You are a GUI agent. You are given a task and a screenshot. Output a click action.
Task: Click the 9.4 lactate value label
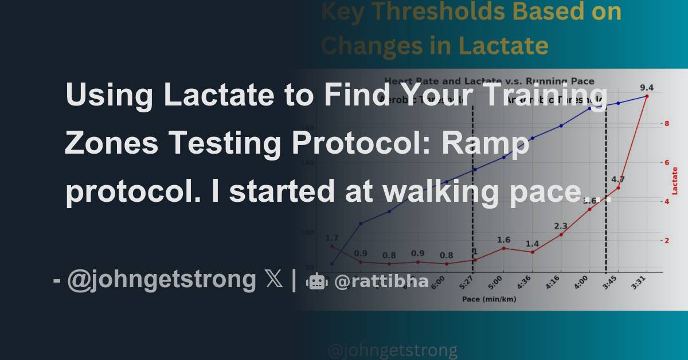click(x=647, y=88)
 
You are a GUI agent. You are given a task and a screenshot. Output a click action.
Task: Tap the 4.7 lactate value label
click(x=618, y=179)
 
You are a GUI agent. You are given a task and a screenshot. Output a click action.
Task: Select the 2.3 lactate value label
click(x=561, y=226)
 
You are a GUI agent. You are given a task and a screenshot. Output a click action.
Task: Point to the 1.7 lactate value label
click(x=331, y=238)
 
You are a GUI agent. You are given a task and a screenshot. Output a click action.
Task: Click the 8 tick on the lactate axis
click(x=667, y=123)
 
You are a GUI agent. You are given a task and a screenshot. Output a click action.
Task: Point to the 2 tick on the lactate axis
click(x=667, y=241)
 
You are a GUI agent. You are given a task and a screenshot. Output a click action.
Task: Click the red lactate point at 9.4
click(x=647, y=96)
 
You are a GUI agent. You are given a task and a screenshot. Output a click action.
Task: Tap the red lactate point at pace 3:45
click(x=618, y=188)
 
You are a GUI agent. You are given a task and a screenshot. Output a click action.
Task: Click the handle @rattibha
click(x=381, y=281)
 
